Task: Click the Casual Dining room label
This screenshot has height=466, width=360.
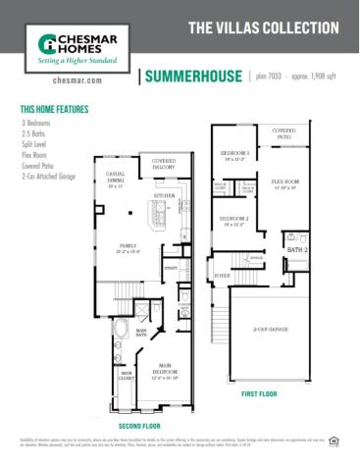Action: pos(115,179)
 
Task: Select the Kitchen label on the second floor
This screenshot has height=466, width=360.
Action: pos(164,195)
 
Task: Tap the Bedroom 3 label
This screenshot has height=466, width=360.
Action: pos(234,154)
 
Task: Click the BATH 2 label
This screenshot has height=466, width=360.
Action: pos(297,251)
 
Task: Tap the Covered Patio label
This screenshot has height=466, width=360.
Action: pos(284,132)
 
